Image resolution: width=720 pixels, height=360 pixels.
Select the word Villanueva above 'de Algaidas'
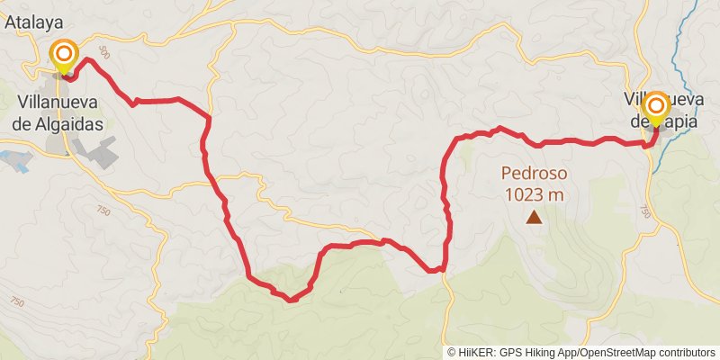[x=59, y=103]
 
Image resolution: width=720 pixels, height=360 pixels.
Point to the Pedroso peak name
[x=534, y=172]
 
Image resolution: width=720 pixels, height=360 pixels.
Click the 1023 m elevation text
[x=535, y=193]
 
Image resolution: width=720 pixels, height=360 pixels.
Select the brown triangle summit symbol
[x=535, y=216]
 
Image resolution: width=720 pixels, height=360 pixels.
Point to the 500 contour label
[x=104, y=54]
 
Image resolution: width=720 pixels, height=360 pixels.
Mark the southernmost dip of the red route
[x=291, y=299]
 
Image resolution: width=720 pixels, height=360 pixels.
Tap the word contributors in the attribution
[x=686, y=353]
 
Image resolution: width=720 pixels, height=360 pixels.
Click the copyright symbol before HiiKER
[x=452, y=353]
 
